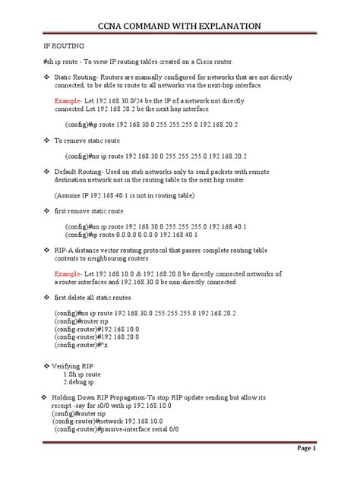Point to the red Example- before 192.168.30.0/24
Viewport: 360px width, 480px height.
click(68, 100)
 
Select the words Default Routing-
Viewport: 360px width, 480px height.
click(78, 172)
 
